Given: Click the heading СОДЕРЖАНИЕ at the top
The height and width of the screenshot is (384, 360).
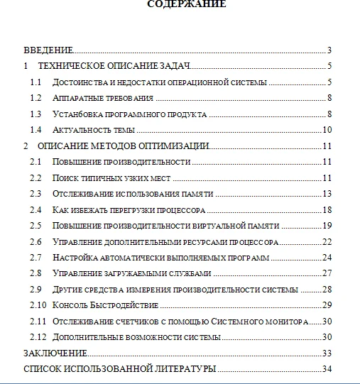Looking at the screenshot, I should [x=187, y=4].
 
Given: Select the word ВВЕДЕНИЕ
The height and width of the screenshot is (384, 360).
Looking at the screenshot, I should [x=48, y=50].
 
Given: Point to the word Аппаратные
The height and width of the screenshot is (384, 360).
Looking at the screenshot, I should [x=74, y=98].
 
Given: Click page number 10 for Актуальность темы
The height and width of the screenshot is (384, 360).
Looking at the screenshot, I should [x=328, y=130].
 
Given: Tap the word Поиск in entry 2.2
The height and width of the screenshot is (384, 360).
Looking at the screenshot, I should [x=64, y=177].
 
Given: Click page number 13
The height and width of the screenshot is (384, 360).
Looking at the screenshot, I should [x=328, y=194].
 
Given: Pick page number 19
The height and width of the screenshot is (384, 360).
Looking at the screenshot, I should [x=328, y=226].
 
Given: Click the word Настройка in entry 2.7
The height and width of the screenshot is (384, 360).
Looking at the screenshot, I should [x=72, y=258].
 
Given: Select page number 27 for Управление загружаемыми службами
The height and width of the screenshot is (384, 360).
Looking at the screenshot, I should [x=328, y=273].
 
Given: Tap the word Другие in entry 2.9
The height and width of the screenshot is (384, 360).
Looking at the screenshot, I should [x=67, y=290].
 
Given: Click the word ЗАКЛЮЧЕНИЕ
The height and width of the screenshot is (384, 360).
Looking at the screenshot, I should [x=55, y=353].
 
